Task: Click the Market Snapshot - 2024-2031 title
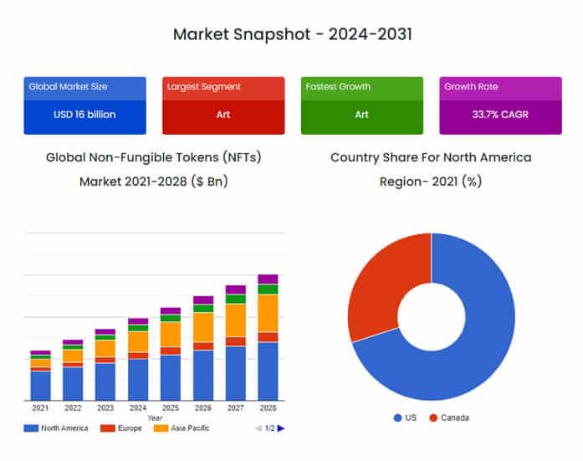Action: [x=292, y=34]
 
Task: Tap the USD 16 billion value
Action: [x=84, y=114]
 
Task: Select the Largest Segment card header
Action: [x=204, y=86]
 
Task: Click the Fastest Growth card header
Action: [x=338, y=86]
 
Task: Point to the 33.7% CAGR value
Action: [x=500, y=114]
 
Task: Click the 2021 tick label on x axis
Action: [x=40, y=408]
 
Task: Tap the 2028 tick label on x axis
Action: [x=268, y=408]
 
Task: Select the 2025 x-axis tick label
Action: [x=171, y=408]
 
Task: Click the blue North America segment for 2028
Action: [x=268, y=371]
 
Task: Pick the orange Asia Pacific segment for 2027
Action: [x=236, y=320]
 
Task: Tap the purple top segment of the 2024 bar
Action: [x=138, y=321]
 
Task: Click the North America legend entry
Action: [x=57, y=428]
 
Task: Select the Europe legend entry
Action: [x=125, y=428]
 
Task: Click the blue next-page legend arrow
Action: [x=281, y=428]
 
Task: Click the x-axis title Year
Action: [x=155, y=417]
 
